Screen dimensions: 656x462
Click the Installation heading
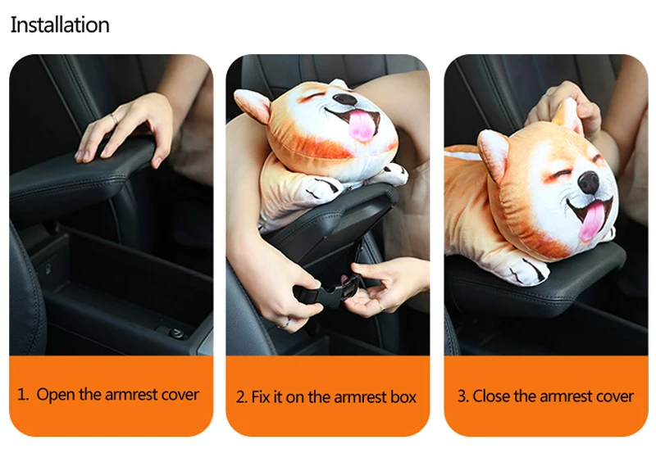60,25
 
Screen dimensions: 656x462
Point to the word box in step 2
403,396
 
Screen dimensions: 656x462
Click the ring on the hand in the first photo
114,118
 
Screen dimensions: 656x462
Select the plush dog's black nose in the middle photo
344,98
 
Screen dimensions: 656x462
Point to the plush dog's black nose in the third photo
589,183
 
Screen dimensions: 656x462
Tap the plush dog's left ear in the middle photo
253,105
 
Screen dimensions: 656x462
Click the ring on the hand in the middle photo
285,323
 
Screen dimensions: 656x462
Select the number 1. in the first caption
23,395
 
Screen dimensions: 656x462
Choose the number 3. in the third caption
462,396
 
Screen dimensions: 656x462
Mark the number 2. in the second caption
242,397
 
